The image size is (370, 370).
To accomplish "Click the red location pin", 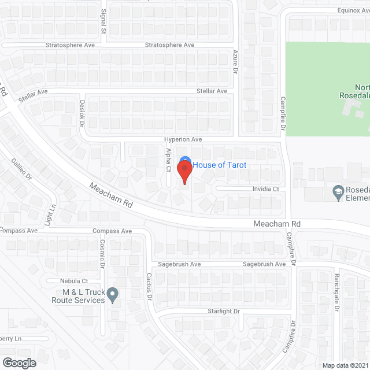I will point(184,172).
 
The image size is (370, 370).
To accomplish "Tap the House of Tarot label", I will point(220,165).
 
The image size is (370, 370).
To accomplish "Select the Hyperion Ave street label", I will point(183,139).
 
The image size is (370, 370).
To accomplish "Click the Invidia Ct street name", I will point(265,189).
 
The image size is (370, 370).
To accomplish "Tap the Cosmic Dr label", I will point(102,253).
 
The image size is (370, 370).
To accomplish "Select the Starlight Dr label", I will point(224,311).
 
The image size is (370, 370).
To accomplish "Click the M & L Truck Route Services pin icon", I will point(113,294).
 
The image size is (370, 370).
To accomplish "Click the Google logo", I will point(19,362).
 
